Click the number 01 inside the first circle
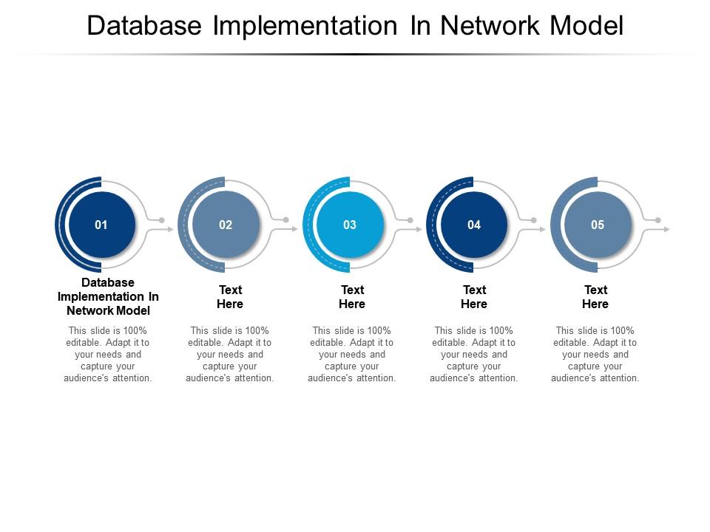click(101, 225)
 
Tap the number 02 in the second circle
click(226, 225)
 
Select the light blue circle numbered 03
click(350, 225)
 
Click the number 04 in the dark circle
click(474, 225)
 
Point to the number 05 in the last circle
click(598, 225)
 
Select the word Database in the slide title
click(144, 26)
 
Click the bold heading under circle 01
click(108, 296)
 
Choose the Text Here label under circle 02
click(230, 297)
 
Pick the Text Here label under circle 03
click(352, 297)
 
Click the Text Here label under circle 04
click(474, 297)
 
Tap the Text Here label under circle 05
click(595, 297)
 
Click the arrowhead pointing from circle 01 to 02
click(172, 229)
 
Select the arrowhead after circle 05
click(666, 229)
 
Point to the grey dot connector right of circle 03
click(410, 219)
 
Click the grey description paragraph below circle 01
click(108, 355)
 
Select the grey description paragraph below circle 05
click(595, 355)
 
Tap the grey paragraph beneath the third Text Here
click(352, 355)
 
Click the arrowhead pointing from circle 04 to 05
click(544, 229)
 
